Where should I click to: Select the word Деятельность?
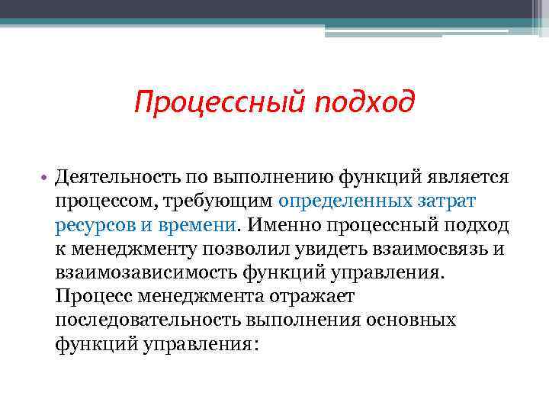pyautogui.click(x=114, y=178)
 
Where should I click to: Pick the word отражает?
pyautogui.click(x=303, y=296)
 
